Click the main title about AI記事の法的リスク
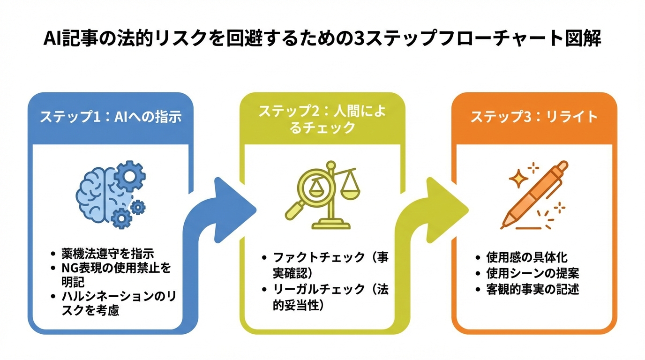click(322, 39)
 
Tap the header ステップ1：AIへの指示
click(111, 117)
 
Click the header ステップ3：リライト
click(534, 117)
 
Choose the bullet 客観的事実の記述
click(532, 289)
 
